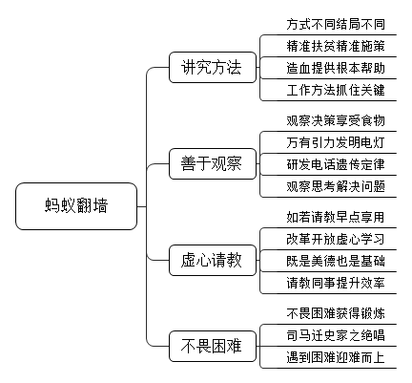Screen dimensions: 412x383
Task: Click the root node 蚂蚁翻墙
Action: pos(76,206)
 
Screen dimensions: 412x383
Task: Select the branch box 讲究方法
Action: pos(213,68)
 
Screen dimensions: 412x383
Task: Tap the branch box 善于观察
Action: pos(213,163)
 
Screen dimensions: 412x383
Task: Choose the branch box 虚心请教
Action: pos(213,260)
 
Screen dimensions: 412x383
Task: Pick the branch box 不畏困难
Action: pos(213,346)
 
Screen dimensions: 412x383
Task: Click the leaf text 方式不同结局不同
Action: pos(336,24)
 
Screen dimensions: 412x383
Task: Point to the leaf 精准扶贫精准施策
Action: pos(336,46)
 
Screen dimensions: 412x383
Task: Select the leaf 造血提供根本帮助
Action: pos(336,68)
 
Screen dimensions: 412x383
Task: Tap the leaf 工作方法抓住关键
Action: pos(336,90)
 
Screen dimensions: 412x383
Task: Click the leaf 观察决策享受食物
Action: pos(336,120)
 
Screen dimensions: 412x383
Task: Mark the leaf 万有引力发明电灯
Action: pos(336,142)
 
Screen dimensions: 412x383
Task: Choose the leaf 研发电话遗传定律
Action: pos(336,164)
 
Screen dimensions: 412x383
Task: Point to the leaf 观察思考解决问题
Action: pos(336,186)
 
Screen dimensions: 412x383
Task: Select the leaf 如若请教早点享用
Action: pos(336,217)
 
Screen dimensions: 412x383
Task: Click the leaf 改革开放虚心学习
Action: pos(336,239)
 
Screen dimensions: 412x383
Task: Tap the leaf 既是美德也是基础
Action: pos(336,261)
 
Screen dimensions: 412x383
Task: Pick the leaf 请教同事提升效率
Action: pos(336,283)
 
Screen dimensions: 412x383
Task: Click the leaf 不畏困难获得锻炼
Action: pos(336,313)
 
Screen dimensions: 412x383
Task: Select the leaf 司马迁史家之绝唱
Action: pos(336,335)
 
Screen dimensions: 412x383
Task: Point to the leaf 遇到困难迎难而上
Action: pos(336,357)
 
